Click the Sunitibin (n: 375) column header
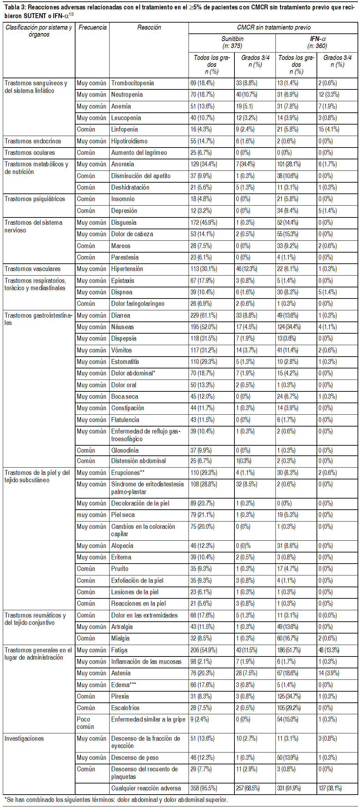coord(232,42)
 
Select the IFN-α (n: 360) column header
coord(317,42)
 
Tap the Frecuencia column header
coord(92,27)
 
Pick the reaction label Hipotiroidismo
coord(129,141)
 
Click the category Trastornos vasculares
coord(32,269)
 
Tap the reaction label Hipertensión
coord(127,269)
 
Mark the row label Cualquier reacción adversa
coord(146,788)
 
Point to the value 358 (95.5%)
coord(203,788)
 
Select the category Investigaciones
coord(24,739)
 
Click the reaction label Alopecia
coord(122,546)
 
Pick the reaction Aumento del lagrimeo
coord(139,153)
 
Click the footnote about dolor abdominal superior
coord(116,800)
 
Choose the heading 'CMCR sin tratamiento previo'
coord(273,27)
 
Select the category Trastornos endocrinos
coord(33,141)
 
